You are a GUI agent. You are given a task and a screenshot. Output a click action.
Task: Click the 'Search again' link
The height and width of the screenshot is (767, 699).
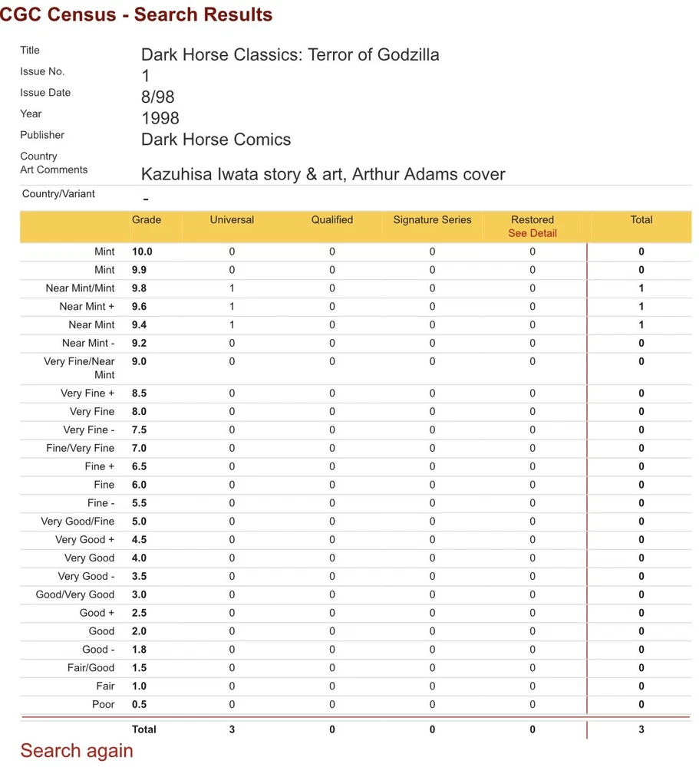[77, 751]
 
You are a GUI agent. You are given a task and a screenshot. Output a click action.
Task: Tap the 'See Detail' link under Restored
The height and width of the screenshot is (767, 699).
[532, 233]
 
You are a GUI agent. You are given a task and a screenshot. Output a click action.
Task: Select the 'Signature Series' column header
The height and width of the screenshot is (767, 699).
[432, 220]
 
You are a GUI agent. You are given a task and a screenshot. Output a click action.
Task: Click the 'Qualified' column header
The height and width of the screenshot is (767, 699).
[332, 220]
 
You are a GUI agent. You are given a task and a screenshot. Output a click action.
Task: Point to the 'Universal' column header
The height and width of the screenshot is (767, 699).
[232, 220]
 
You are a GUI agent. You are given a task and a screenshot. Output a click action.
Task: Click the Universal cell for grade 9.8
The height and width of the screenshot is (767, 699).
[232, 288]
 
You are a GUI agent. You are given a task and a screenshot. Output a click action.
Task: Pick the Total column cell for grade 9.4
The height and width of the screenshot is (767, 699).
[641, 325]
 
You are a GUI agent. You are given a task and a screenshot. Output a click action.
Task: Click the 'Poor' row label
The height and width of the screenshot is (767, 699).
[103, 704]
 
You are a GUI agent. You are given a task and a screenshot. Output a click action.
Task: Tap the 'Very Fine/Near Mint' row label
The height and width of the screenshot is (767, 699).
[79, 368]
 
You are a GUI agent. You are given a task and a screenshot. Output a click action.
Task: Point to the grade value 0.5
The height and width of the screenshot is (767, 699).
[139, 704]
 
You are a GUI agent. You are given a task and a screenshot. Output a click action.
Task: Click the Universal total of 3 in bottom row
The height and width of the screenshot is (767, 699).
[232, 729]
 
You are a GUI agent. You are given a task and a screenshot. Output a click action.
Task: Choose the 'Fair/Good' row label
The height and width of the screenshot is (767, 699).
[91, 668]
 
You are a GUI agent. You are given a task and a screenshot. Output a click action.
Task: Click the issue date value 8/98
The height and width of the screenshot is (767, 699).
[159, 97]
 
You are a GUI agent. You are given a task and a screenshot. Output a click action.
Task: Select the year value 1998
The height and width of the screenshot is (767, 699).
[160, 118]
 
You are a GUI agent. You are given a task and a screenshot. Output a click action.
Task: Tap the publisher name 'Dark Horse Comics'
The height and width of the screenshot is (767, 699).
[216, 140]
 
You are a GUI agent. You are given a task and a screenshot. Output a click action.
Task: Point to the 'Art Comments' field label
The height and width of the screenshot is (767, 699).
[54, 170]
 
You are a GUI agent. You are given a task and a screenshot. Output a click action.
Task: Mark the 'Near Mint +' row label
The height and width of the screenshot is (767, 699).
[87, 307]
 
